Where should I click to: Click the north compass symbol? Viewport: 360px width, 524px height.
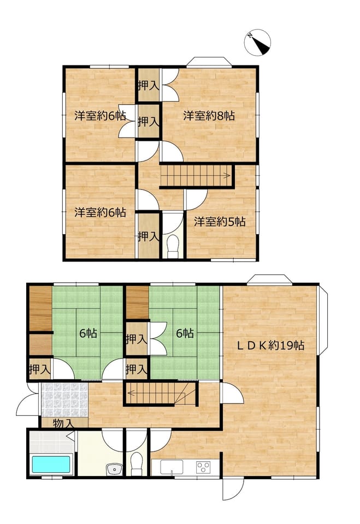(x=257, y=43)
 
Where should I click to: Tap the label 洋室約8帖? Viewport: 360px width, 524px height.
(x=209, y=116)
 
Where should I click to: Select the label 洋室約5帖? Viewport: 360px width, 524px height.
(x=220, y=222)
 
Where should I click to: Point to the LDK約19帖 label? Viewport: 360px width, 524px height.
(x=270, y=345)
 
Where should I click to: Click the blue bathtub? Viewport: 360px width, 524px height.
(x=51, y=465)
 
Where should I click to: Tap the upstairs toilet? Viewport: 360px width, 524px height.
(x=173, y=246)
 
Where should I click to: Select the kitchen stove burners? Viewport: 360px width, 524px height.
(x=203, y=467)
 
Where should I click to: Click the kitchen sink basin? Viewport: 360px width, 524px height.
(x=172, y=467)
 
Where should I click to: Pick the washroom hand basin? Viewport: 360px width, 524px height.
(x=115, y=469)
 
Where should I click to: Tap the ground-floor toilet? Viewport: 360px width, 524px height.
(x=137, y=464)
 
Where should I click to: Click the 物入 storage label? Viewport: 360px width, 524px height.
(x=63, y=424)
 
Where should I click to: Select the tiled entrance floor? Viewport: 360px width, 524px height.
(x=64, y=400)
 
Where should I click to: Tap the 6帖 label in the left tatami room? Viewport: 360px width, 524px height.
(x=88, y=333)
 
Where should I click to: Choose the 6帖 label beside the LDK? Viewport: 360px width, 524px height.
(x=185, y=333)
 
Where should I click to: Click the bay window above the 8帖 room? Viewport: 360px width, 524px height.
(x=209, y=62)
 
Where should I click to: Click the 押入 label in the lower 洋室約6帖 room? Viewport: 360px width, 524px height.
(x=149, y=236)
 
